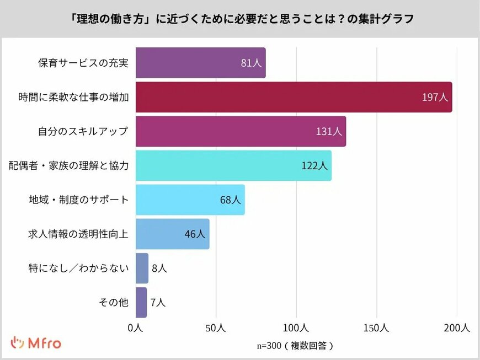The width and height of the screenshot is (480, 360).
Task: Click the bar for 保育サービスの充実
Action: pos(200,63)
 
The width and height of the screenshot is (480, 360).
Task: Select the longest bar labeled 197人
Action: pos(294,97)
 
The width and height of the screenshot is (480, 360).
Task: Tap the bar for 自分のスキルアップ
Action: pos(241,131)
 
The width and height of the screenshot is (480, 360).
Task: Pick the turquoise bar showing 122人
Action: pos(233,165)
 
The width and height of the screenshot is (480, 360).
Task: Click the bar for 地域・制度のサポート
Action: pos(190,200)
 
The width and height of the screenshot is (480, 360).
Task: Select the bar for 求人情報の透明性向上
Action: pos(172,234)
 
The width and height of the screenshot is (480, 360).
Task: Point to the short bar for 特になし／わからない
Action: pos(142,268)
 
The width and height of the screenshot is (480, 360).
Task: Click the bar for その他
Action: pos(141,302)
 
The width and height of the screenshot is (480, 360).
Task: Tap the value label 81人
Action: pos(251,63)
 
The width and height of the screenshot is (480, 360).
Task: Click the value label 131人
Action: pos(330,132)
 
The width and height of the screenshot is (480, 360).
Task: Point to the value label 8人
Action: pos(159,268)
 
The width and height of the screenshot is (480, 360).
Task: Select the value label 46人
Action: pos(195,234)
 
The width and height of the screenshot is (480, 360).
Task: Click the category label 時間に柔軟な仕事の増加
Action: pos(73,98)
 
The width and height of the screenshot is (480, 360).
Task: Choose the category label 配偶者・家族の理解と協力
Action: pos(68,165)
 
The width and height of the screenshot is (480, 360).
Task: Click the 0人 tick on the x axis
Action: pos(136,328)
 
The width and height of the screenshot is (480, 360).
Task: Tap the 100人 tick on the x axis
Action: pos(296,328)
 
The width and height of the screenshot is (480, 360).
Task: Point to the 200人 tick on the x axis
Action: pos(457,328)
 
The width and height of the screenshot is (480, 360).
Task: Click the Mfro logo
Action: pos(36,343)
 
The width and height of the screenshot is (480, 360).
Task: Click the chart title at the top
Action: pos(240,18)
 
